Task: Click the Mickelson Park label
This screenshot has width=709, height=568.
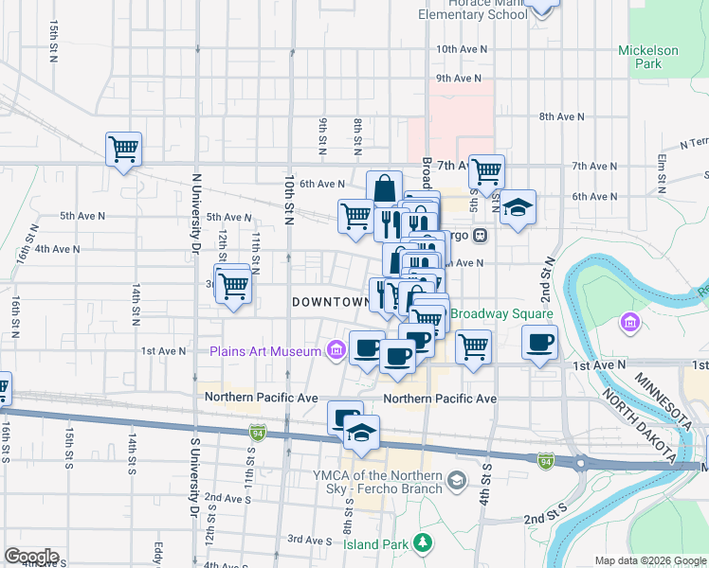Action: [x=647, y=57]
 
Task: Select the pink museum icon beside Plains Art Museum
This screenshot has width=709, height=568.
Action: [x=335, y=351]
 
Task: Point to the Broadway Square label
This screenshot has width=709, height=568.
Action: [x=501, y=313]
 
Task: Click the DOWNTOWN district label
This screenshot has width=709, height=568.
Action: [x=330, y=302]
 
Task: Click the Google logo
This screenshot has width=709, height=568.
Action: [x=30, y=557]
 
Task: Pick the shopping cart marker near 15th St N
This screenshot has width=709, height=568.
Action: [x=123, y=149]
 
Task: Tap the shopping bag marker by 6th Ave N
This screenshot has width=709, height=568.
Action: [x=384, y=187]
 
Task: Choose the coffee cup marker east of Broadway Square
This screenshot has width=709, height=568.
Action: [x=539, y=343]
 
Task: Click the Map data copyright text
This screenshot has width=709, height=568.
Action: [x=649, y=560]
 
